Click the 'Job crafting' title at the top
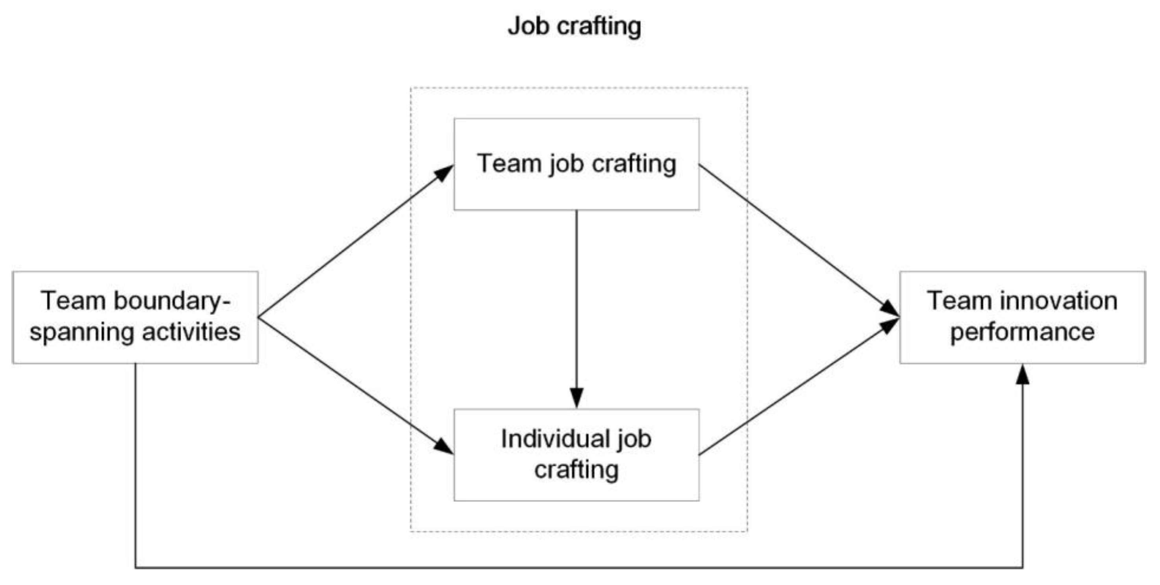tap(574, 26)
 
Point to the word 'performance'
tap(1022, 332)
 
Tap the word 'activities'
tap(191, 332)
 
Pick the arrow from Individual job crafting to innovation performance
tap(797, 387)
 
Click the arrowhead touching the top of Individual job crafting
tap(576, 398)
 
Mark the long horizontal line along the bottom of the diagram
tap(579, 567)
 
